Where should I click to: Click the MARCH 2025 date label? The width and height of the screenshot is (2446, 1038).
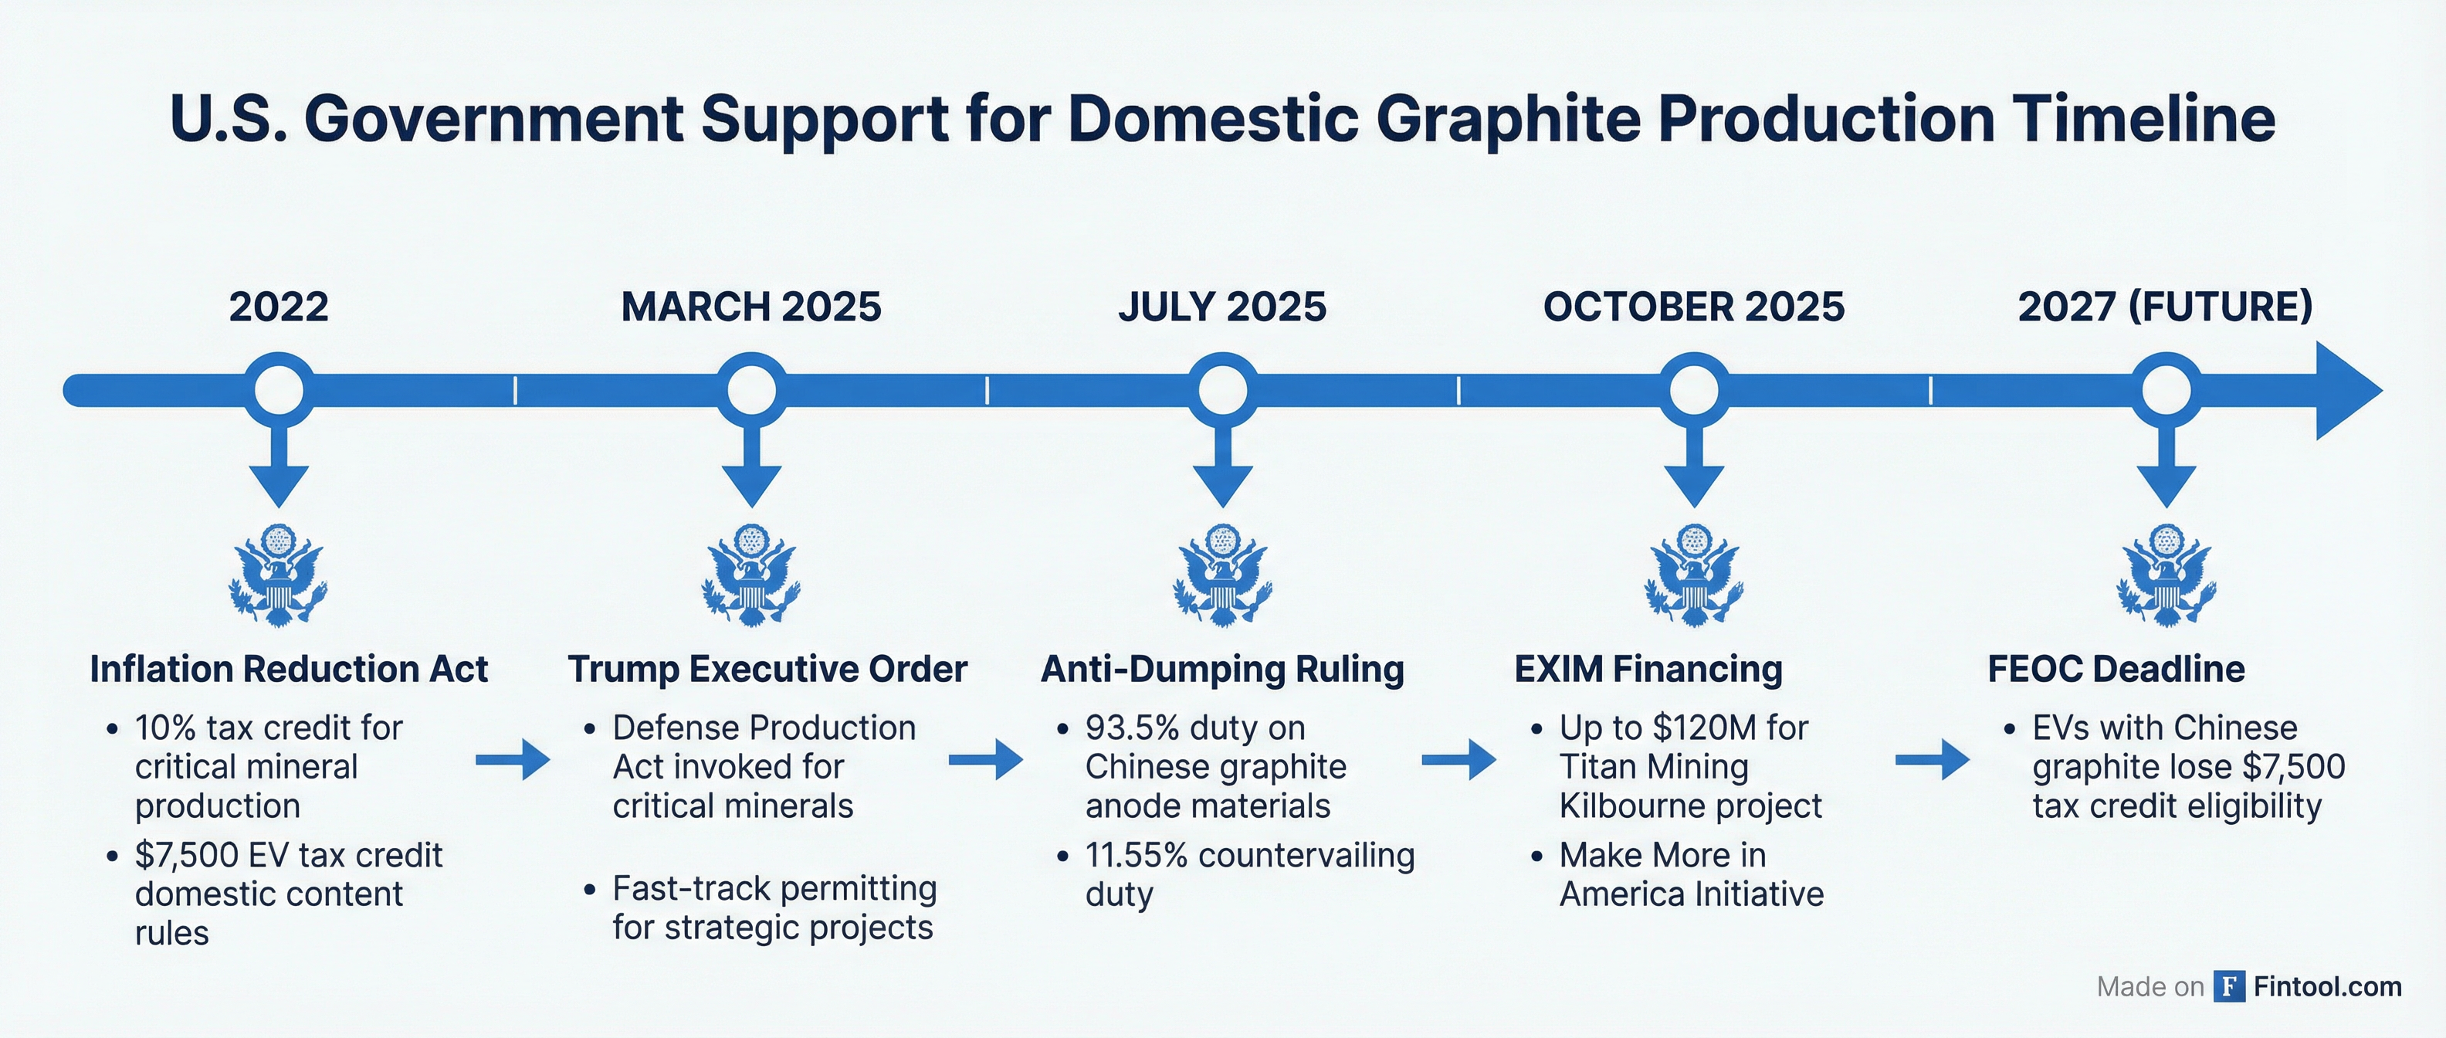click(x=751, y=307)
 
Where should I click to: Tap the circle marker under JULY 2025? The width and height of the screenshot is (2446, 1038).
click(x=1223, y=389)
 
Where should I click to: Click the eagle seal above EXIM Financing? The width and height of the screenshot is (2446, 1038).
click(x=1694, y=575)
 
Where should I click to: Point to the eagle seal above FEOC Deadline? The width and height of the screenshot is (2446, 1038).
click(x=2166, y=575)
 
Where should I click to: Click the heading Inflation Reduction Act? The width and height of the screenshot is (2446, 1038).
click(x=289, y=670)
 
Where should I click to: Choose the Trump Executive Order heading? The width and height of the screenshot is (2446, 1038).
click(x=767, y=670)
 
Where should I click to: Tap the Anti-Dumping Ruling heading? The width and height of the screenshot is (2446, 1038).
click(x=1222, y=670)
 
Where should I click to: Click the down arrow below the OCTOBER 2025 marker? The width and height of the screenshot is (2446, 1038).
click(x=1694, y=466)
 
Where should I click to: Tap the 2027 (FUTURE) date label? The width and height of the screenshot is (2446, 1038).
click(x=2165, y=307)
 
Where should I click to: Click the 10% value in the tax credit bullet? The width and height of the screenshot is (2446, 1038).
click(x=165, y=728)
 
